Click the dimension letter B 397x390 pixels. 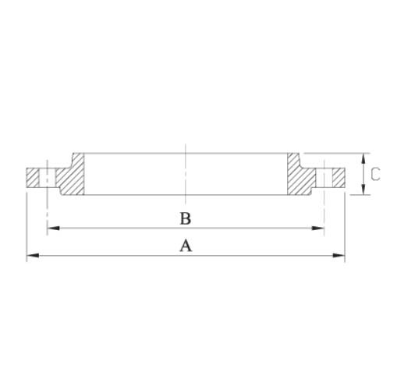point(186,217)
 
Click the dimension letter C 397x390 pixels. point(375,174)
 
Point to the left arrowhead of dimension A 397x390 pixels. point(31,255)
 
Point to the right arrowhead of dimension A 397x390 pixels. point(340,255)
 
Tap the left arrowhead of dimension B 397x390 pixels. point(51,228)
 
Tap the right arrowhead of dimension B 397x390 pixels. point(319,228)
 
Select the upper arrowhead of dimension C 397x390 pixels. point(364,157)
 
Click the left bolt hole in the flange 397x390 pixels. point(47,177)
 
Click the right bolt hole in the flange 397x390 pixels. point(324,177)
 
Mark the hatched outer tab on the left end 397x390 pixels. point(33,177)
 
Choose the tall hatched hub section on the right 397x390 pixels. point(300,175)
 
